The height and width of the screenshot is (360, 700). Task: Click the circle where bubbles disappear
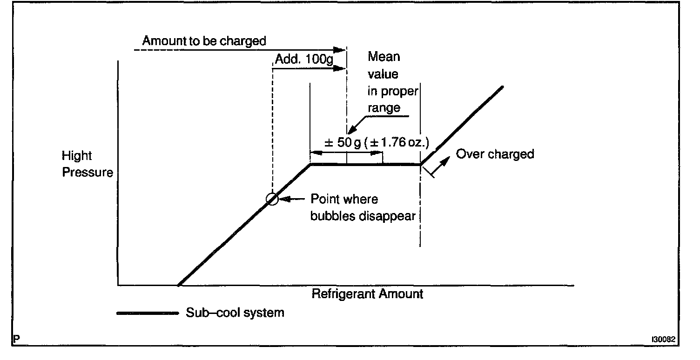[272, 200]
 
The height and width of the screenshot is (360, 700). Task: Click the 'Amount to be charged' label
[204, 41]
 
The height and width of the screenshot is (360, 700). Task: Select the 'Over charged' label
[495, 154]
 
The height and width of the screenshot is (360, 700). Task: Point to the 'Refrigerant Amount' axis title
[367, 294]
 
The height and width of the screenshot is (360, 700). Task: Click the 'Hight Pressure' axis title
[87, 165]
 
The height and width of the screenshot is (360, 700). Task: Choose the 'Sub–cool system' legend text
[235, 313]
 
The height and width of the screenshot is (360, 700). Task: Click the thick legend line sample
[147, 313]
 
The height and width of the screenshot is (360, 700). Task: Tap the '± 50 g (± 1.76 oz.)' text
[376, 143]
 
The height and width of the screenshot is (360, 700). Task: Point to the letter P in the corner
[17, 340]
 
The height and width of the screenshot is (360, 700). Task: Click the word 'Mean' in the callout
[384, 57]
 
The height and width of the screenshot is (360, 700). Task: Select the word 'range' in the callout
[384, 108]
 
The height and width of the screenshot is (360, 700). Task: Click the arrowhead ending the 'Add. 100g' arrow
[342, 68]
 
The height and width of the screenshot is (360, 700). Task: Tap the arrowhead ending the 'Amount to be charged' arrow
[342, 49]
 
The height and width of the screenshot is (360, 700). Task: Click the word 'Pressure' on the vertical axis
[87, 173]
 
